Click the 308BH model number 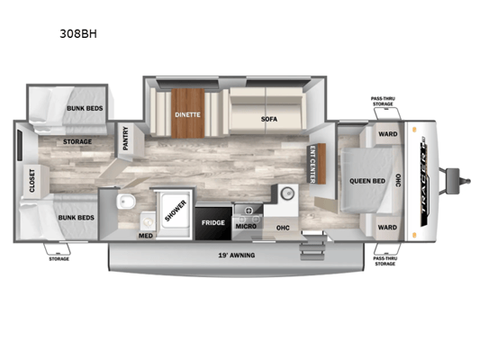coord(78,33)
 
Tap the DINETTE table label coord(187,114)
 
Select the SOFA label coord(269,119)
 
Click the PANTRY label coord(125,139)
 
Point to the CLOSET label coord(32,181)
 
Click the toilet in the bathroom coord(126,202)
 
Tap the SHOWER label coord(176,211)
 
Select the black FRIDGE coord(213,223)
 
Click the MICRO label coord(246,226)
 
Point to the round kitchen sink coord(287,193)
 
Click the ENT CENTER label coord(312,164)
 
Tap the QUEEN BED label coord(367,181)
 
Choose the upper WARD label coord(388,134)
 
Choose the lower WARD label coord(387,228)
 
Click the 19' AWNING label coord(237,255)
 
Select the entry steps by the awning coord(312,247)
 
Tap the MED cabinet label coord(146,236)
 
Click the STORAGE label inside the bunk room coord(77,141)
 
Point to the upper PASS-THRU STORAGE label coord(383,101)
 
